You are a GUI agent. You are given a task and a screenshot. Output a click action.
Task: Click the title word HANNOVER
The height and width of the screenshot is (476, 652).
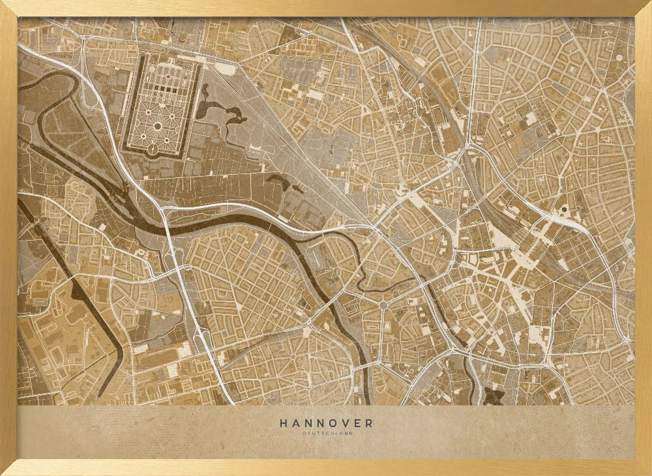point(326,423)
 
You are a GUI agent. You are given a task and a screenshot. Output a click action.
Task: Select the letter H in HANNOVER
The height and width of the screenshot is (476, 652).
point(284,423)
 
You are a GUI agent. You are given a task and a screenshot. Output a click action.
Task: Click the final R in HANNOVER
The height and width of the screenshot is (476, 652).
point(369,423)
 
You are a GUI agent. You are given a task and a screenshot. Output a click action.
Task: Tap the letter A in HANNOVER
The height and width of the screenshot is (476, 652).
point(295,423)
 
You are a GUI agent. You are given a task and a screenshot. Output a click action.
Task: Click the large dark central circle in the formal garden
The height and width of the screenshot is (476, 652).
point(157,125)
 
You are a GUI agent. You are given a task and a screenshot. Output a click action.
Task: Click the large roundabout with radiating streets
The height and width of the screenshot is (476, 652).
point(383,305)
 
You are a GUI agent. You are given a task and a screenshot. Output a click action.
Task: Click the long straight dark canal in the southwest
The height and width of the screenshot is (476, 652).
point(72,287)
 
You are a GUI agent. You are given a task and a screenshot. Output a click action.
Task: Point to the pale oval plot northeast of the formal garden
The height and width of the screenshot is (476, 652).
point(226,68)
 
